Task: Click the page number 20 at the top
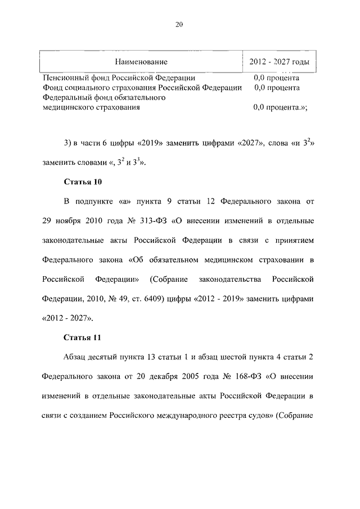pos(179,24)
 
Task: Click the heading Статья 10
pos(83,182)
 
